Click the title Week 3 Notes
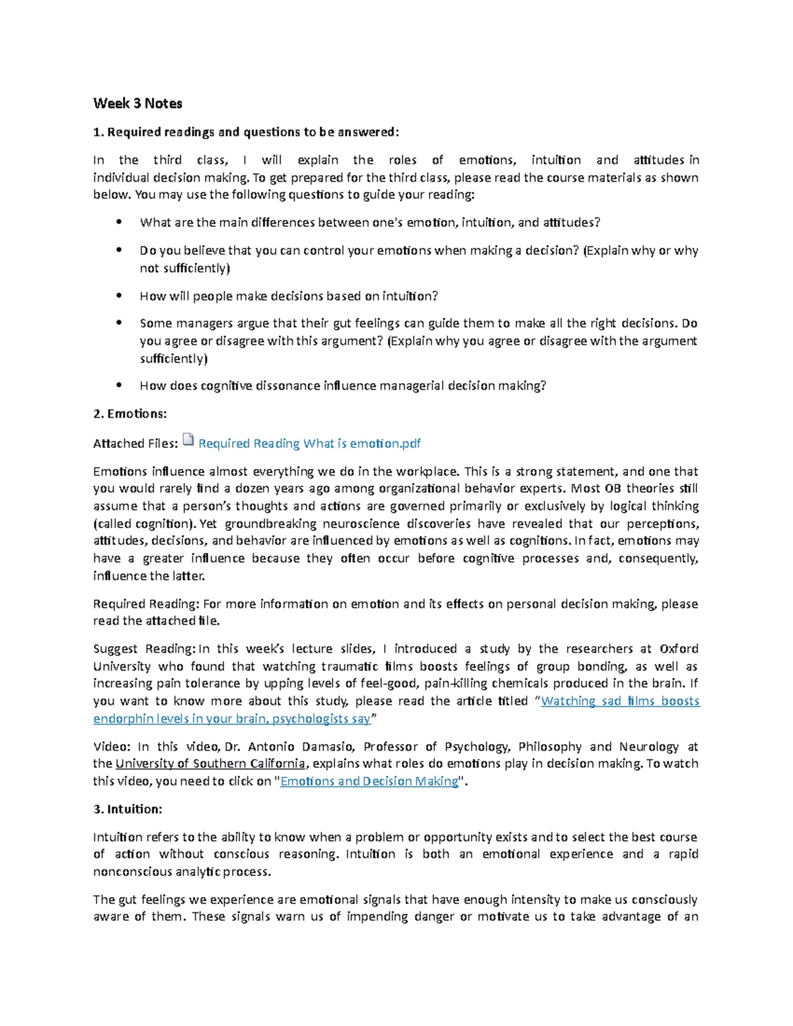click(x=137, y=103)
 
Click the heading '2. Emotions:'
click(x=130, y=414)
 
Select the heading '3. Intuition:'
click(x=128, y=809)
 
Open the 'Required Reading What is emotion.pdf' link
click(x=309, y=443)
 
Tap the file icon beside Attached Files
click(x=188, y=441)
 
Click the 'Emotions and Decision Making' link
click(x=369, y=781)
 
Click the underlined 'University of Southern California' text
click(x=210, y=764)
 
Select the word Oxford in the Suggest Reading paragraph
click(x=679, y=649)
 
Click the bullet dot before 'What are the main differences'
click(x=119, y=223)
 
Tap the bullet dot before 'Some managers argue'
click(x=119, y=324)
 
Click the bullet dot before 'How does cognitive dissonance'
click(x=119, y=386)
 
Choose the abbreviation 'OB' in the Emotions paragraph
click(x=612, y=489)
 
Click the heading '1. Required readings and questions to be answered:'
click(x=246, y=132)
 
